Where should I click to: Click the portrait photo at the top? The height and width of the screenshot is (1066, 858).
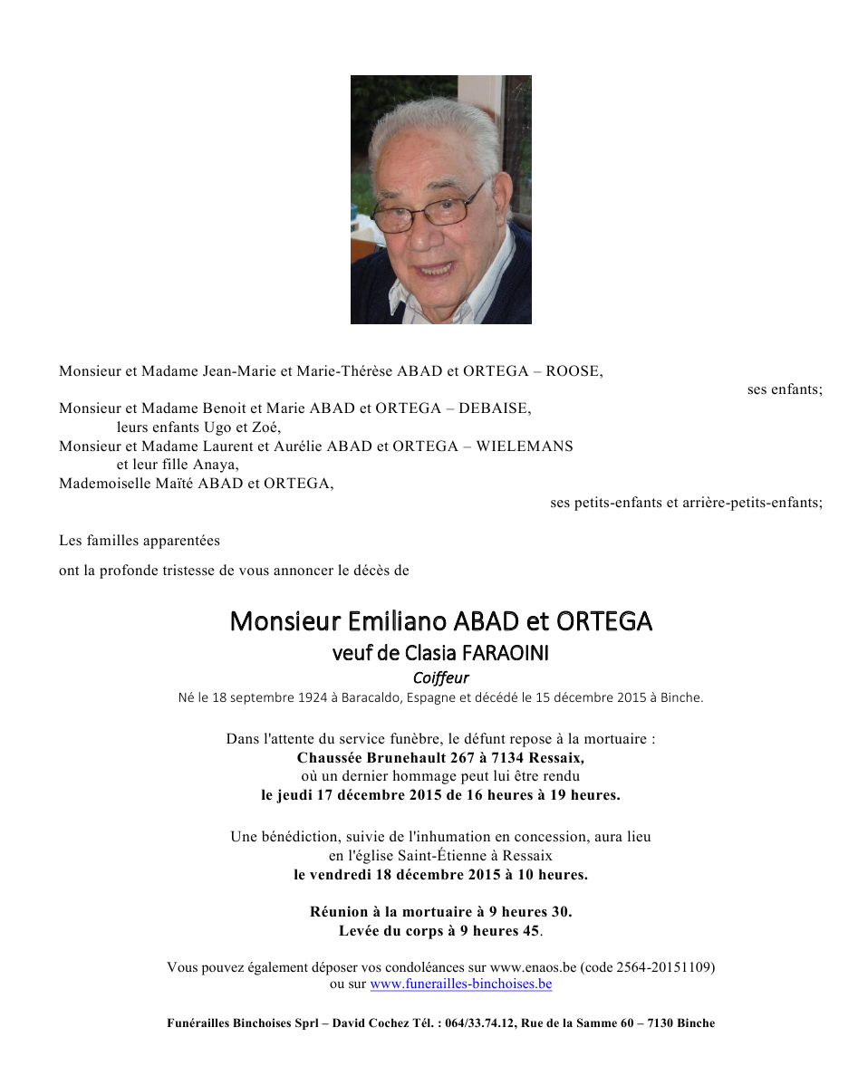pos(440,199)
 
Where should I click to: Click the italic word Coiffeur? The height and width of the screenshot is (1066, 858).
pos(440,677)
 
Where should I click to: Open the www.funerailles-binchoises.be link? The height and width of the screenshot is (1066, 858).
pos(461,984)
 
